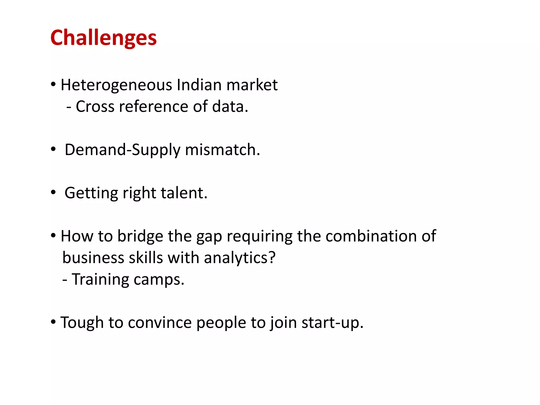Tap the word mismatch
(222, 150)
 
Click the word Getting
(91, 193)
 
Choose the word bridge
(140, 236)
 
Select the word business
(93, 258)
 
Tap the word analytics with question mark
(239, 258)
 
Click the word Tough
(82, 323)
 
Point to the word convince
(160, 323)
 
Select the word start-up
(332, 323)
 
